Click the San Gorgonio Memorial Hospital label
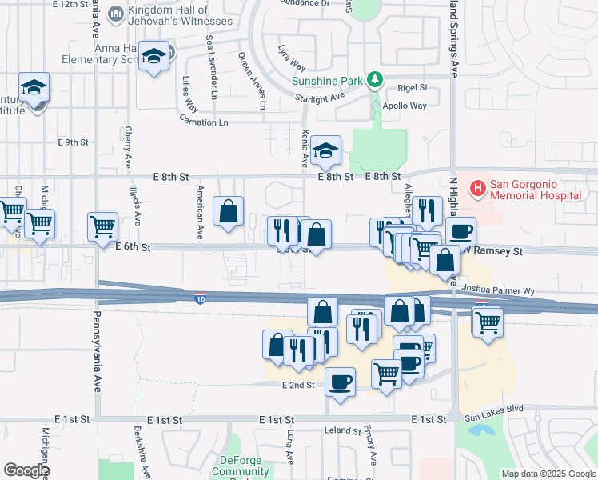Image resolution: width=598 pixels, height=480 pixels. (x=536, y=189)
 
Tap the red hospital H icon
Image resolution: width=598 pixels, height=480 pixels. (x=478, y=189)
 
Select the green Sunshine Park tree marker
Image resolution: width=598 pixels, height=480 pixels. (x=373, y=80)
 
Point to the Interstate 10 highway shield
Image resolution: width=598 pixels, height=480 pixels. (x=198, y=299)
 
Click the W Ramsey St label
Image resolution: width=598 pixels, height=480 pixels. (x=493, y=251)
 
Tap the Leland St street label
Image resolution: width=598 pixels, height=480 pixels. (x=344, y=430)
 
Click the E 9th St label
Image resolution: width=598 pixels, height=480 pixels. (x=74, y=142)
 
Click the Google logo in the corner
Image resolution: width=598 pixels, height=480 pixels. (x=26, y=470)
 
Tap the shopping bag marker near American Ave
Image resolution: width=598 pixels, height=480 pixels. (x=229, y=212)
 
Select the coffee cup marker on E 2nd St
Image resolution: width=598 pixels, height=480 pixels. (x=340, y=381)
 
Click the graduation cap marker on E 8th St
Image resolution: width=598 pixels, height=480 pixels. (x=325, y=150)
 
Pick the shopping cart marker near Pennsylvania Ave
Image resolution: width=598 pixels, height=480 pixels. (x=102, y=227)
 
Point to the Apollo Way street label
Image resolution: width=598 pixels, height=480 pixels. (x=405, y=106)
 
